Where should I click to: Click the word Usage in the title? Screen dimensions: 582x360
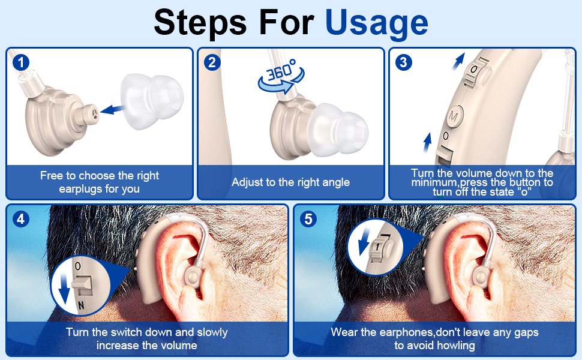click(x=376, y=23)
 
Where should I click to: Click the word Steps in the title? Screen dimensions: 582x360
click(x=200, y=23)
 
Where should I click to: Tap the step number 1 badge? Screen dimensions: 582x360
click(x=21, y=62)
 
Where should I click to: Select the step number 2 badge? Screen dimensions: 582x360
click(x=212, y=62)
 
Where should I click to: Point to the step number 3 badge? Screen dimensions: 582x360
click(x=403, y=62)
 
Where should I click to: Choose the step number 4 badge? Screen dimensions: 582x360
click(x=21, y=219)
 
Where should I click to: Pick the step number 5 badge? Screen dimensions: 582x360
click(x=308, y=219)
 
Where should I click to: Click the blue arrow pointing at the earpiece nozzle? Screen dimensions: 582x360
click(x=112, y=109)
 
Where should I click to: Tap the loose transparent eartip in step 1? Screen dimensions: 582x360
click(x=152, y=101)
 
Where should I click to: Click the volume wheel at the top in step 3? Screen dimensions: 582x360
click(x=475, y=70)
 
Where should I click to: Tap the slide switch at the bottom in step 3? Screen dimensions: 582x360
click(x=444, y=156)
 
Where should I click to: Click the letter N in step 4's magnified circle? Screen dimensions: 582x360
click(x=80, y=305)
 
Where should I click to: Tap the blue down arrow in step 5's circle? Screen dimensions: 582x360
click(x=364, y=241)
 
